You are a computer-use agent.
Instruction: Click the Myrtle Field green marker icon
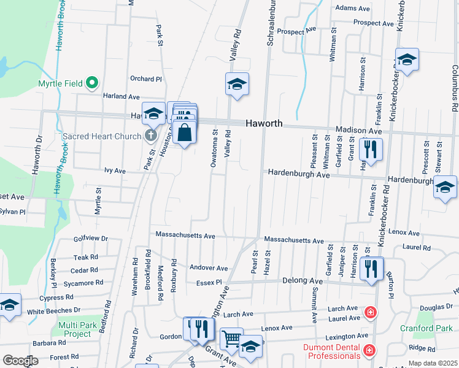(92, 82)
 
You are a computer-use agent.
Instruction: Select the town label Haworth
(264, 123)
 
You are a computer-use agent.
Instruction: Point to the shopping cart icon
(231, 338)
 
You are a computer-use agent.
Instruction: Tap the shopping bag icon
(185, 131)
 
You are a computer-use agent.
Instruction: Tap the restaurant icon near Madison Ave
(371, 148)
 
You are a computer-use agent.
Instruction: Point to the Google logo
(20, 361)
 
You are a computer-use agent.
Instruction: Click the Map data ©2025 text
(433, 363)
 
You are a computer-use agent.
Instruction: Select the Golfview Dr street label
(91, 239)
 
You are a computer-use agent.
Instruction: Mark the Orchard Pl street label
(145, 79)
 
